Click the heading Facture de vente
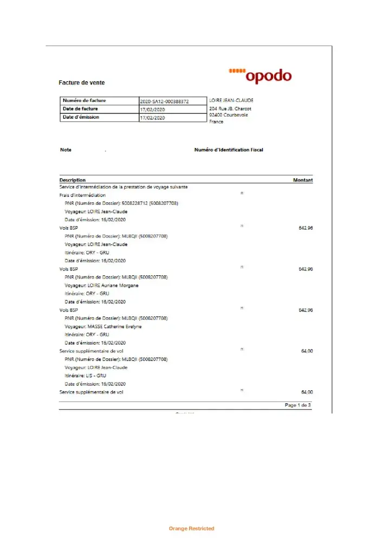point(82,83)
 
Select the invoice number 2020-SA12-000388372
point(164,101)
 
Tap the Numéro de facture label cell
point(85,101)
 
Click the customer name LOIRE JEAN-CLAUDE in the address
point(231,100)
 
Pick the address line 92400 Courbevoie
point(229,115)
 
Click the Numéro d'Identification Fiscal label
point(229,150)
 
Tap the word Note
point(66,150)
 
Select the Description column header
point(73,180)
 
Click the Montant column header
point(303,180)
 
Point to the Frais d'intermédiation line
point(82,195)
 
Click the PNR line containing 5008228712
point(121,203)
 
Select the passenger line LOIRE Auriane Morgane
point(102,285)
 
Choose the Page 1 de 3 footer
point(298,405)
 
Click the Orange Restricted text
point(191,528)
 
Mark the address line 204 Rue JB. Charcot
point(230,108)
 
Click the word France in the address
point(216,122)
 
